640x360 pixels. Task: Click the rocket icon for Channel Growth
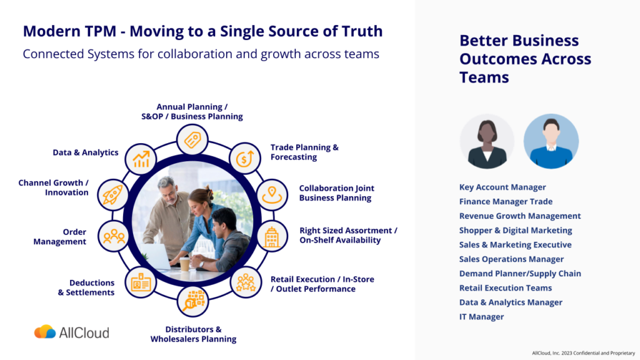113,195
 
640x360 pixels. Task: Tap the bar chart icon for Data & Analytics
141,159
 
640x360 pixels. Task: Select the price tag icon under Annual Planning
192,140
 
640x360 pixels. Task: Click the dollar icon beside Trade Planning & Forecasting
244,158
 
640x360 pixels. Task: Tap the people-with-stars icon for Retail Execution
245,282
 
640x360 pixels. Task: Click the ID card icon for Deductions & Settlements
141,283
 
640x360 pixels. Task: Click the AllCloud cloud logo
45,332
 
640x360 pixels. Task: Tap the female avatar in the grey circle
487,142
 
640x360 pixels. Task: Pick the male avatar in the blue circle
551,142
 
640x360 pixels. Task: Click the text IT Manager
481,317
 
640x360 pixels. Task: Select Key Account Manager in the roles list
502,187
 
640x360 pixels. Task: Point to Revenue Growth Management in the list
520,216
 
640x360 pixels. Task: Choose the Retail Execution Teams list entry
506,288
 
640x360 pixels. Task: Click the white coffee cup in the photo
185,264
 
